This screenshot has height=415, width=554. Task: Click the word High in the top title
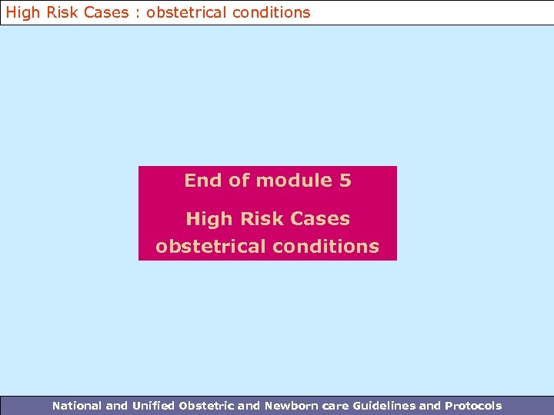(22, 12)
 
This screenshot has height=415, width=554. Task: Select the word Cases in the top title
(105, 12)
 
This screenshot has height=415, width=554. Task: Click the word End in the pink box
(203, 181)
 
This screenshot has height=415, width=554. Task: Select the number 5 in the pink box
(345, 181)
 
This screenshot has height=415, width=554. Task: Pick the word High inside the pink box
(209, 219)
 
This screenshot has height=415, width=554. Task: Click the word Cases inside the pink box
(321, 219)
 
